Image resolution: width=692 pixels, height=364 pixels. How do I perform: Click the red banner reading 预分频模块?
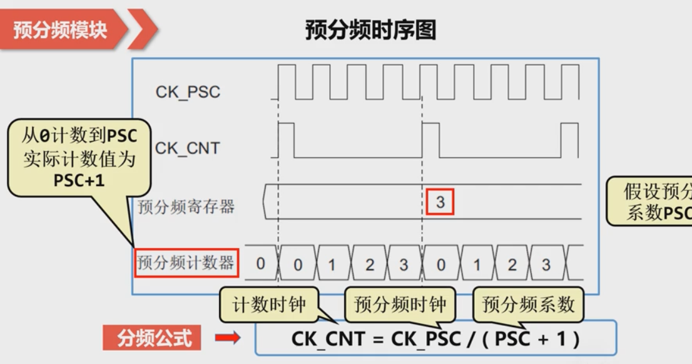point(59,29)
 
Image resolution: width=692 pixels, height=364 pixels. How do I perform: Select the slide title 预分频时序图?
point(370,29)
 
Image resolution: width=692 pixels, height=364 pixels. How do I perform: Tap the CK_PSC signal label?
point(188,92)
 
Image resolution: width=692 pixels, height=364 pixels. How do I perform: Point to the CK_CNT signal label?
point(187,148)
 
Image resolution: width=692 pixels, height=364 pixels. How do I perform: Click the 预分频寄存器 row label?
point(186,206)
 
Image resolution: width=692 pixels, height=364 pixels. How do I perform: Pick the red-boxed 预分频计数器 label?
point(186,263)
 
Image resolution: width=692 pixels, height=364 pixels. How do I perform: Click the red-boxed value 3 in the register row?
point(440,202)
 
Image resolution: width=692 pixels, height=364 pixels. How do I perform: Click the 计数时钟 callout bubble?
point(269,305)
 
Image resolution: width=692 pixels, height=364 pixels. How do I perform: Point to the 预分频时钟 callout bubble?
point(400,305)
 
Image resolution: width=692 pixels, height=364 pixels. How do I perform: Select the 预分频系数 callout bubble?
point(528,305)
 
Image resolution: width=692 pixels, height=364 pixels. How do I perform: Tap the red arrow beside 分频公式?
point(228,338)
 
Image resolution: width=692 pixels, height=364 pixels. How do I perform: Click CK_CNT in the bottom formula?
point(328,339)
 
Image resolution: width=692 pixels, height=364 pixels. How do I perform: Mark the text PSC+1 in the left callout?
point(79,182)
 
